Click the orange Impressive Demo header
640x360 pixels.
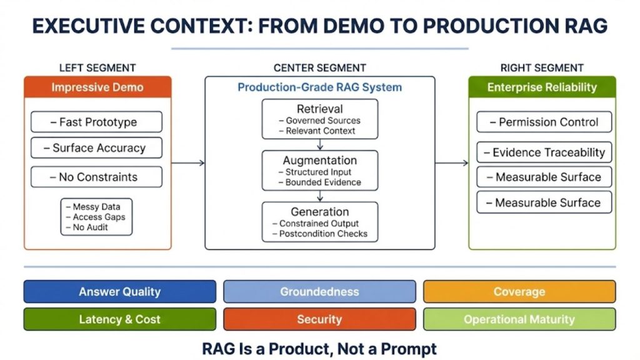(x=97, y=87)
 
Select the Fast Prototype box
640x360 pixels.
(x=96, y=122)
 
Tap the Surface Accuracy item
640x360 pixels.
(x=96, y=148)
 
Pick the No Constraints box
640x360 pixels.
(x=96, y=177)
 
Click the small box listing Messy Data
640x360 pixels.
(x=96, y=217)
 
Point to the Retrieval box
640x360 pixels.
(x=319, y=119)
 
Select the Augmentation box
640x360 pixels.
(x=319, y=170)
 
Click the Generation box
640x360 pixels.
(x=319, y=221)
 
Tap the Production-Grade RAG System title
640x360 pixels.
(x=319, y=87)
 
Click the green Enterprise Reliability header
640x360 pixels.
(x=542, y=87)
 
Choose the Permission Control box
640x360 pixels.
(x=543, y=122)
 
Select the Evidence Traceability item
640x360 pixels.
(x=543, y=152)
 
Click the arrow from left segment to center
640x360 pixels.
(x=188, y=163)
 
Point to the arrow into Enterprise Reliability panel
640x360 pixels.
(x=452, y=163)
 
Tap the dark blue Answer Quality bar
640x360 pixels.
(x=119, y=292)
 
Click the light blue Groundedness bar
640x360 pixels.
(x=319, y=292)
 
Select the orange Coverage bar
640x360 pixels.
(x=519, y=292)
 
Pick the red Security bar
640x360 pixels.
(x=319, y=319)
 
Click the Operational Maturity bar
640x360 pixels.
(x=519, y=319)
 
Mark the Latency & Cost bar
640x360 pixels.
(x=119, y=319)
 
